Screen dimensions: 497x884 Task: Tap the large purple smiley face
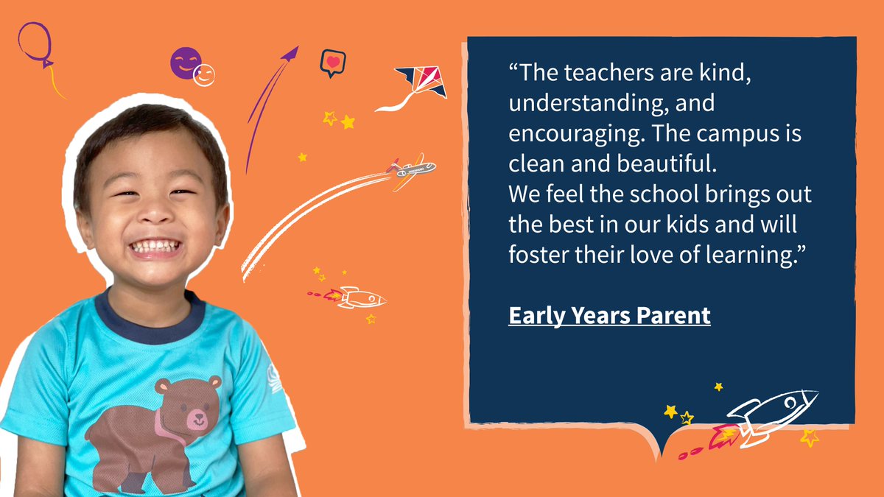(x=184, y=62)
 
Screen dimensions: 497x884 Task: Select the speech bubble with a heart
(x=332, y=63)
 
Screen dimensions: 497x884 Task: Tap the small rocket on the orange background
(x=359, y=298)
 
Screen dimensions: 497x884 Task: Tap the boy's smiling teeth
(x=155, y=244)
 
